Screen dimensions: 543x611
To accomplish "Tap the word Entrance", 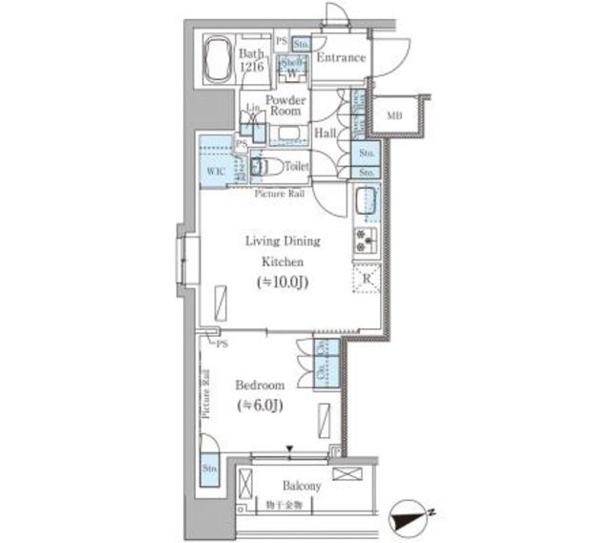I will coord(341,58).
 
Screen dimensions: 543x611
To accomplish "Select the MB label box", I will coord(394,117).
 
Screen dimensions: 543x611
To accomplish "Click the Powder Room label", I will coord(284,105).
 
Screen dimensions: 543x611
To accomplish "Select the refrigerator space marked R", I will coord(367,280).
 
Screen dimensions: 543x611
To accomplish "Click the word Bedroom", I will coord(260,385).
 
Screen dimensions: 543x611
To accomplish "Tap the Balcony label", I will coord(301,486).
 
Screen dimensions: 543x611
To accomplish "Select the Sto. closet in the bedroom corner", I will coord(210,469).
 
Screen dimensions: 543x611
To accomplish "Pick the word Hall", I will coord(325,134).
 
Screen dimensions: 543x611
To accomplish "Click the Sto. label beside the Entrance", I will coord(301,44).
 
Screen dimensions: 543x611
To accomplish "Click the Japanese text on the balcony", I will coord(284,503).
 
